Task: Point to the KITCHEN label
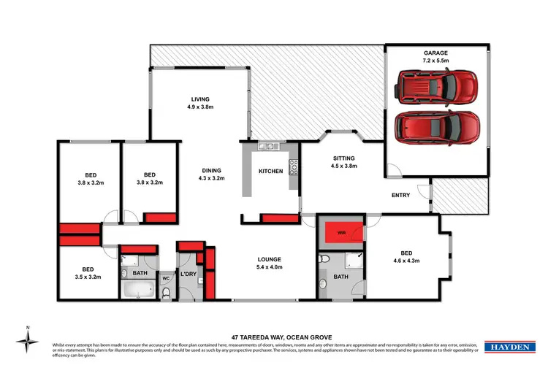click(270, 172)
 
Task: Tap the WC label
click(165, 278)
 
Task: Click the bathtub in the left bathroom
click(137, 291)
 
